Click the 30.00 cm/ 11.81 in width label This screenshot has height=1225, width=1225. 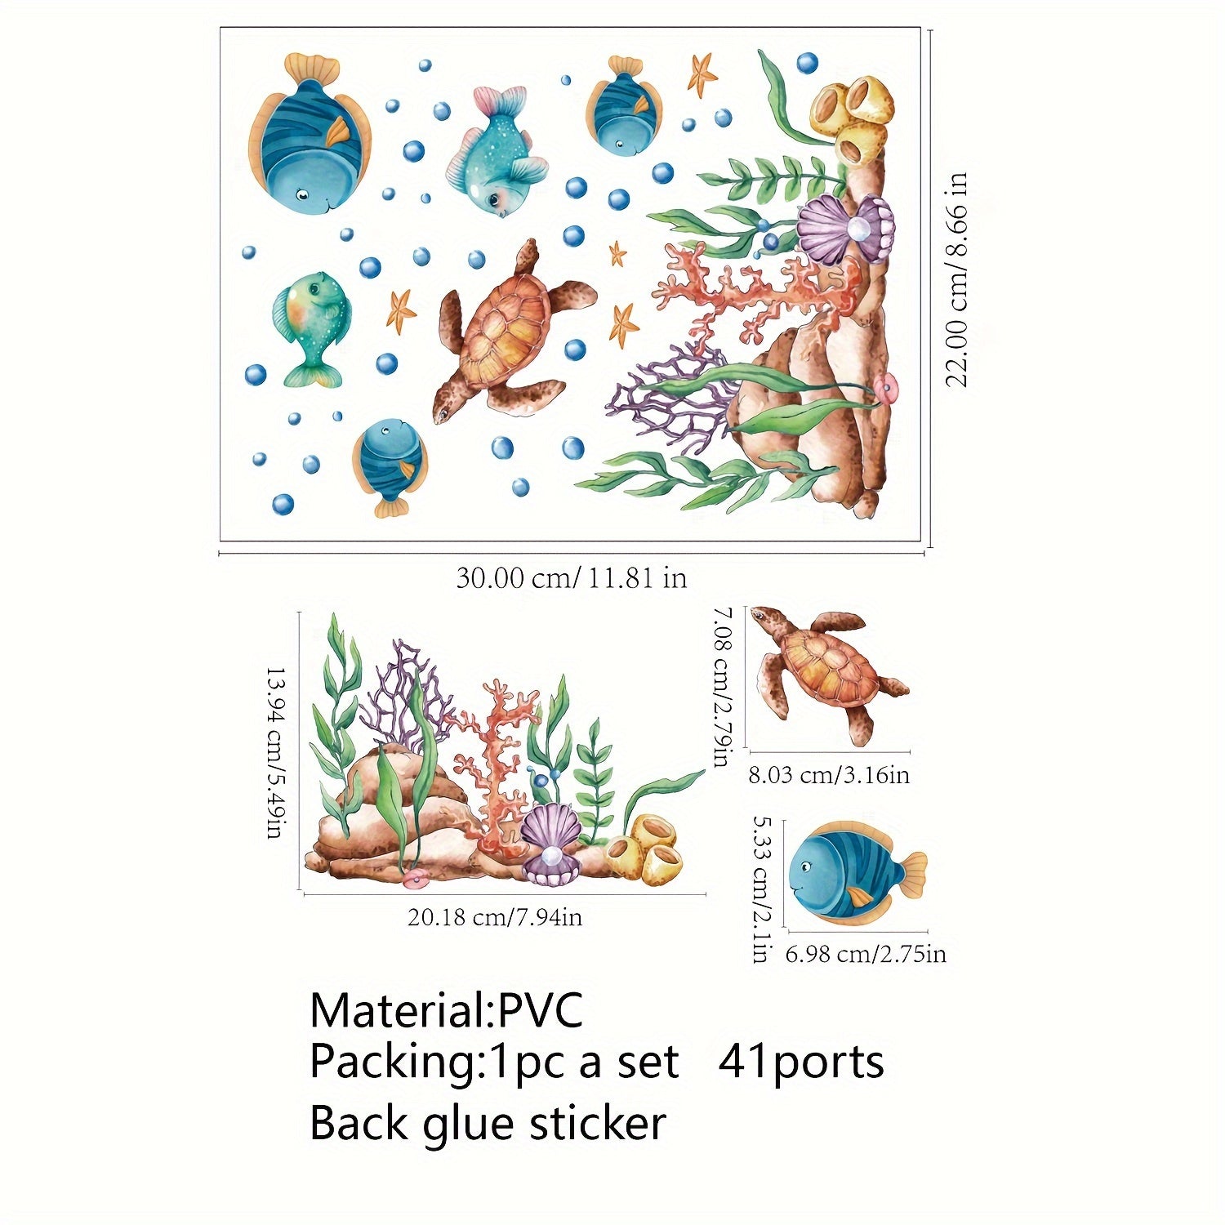click(x=571, y=578)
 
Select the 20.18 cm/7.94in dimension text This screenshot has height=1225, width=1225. click(x=495, y=918)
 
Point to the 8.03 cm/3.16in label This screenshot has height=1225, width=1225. click(x=829, y=774)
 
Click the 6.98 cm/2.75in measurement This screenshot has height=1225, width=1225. click(x=866, y=953)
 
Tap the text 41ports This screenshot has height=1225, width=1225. click(x=801, y=1062)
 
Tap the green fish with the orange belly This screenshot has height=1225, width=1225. click(x=313, y=327)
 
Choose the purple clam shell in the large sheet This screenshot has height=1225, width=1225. click(x=844, y=229)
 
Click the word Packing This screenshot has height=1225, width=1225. click(x=390, y=1062)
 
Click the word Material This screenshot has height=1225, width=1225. click(x=397, y=1010)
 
